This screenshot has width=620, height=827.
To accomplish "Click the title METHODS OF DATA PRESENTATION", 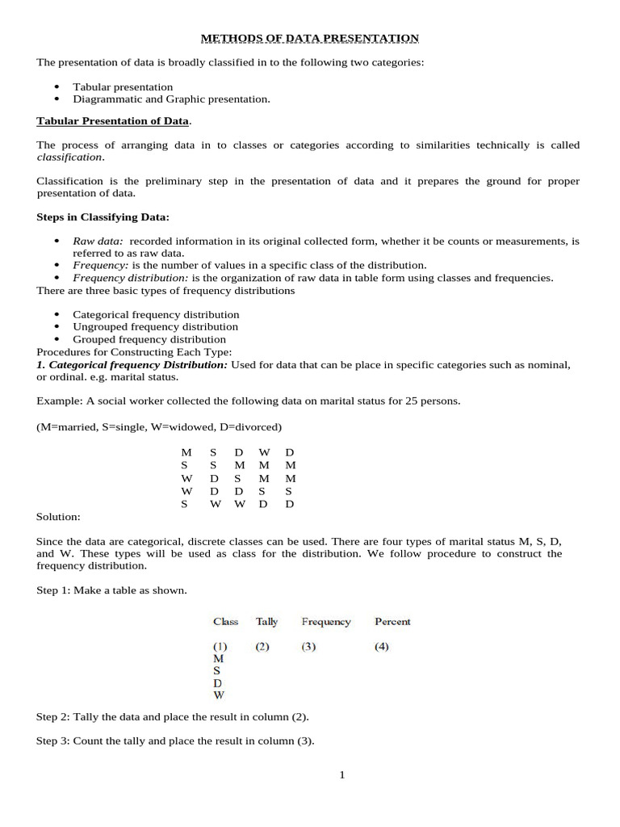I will (309, 38).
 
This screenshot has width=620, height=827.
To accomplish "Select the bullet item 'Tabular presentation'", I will (123, 86).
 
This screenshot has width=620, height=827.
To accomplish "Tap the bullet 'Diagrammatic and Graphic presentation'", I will (171, 99).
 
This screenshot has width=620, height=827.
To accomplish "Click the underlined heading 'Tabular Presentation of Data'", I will (112, 121).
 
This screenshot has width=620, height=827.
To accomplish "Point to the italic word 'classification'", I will (69, 157).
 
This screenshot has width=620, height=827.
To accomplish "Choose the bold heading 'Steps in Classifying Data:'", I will (103, 216).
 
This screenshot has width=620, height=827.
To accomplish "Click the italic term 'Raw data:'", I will (98, 241).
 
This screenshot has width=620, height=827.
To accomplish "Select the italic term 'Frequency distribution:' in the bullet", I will (131, 277).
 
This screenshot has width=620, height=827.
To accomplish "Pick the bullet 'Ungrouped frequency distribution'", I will (155, 326).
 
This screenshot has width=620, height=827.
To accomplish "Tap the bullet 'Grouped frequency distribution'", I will (149, 339).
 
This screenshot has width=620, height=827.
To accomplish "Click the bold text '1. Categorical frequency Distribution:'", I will (133, 364).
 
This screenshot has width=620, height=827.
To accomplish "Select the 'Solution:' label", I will (58, 516).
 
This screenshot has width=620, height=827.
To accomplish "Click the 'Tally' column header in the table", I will (266, 621).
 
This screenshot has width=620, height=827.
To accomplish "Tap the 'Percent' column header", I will (392, 621).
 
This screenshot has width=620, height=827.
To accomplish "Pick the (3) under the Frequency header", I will (309, 646).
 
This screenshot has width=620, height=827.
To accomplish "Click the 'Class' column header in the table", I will (225, 621).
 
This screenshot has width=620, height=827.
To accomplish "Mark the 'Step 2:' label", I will (54, 716).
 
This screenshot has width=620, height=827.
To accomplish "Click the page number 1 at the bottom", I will (341, 775).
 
